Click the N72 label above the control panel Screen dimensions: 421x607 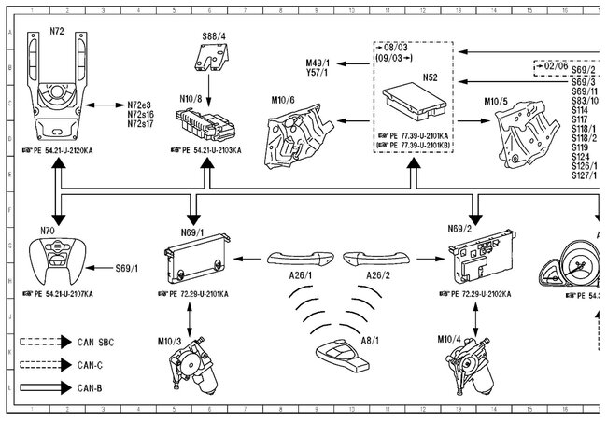[x=56, y=32]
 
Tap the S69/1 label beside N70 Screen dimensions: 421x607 [x=126, y=268]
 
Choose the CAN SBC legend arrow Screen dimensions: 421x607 [x=47, y=343]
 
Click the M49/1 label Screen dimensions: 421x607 [x=318, y=62]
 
